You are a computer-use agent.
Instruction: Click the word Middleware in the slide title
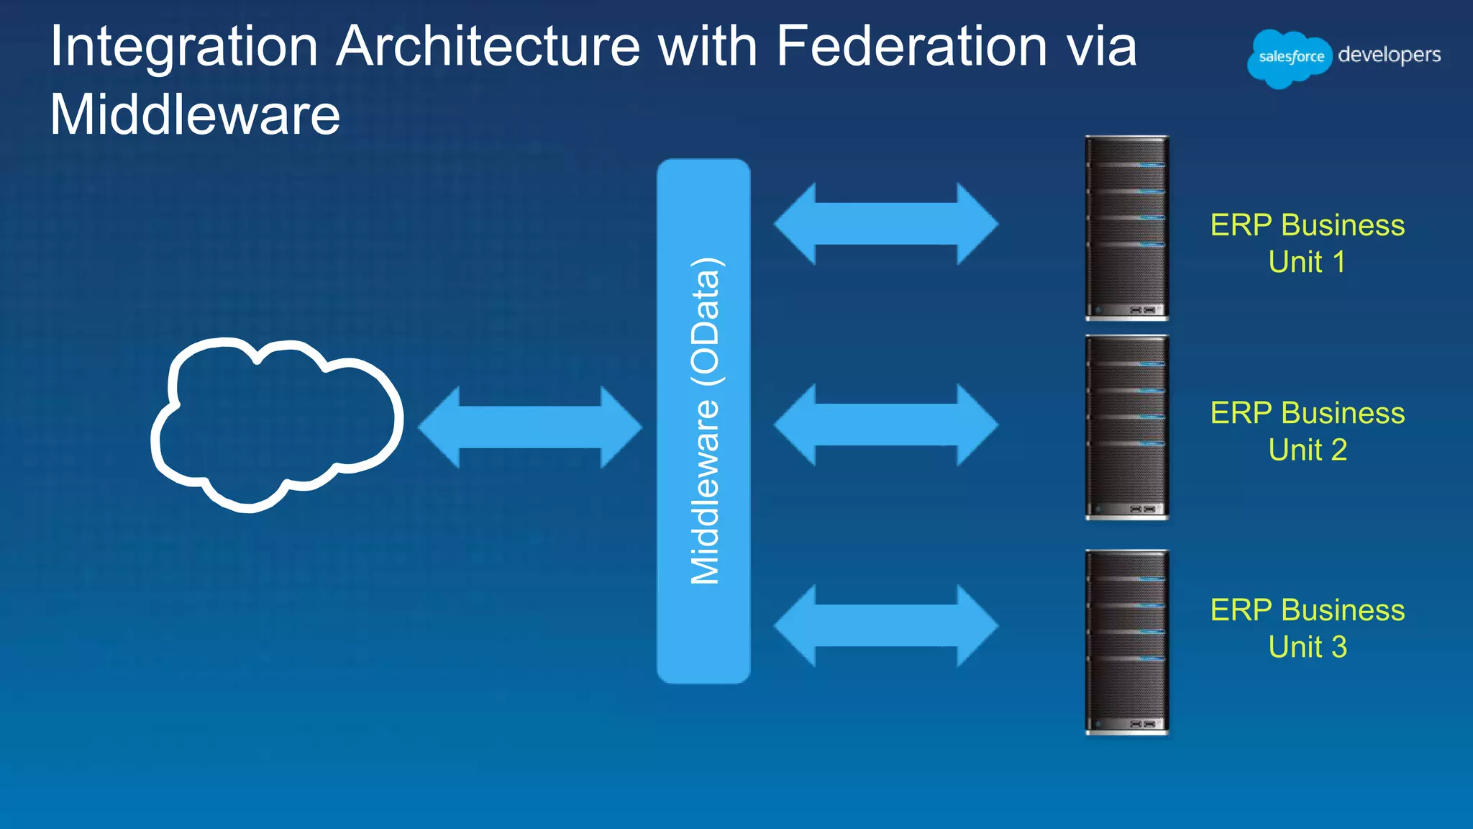click(x=195, y=115)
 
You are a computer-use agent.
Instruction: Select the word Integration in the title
click(x=184, y=47)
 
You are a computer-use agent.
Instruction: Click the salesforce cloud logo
click(x=1290, y=58)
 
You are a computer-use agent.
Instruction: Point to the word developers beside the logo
click(x=1389, y=55)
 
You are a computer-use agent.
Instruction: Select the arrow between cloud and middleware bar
click(x=529, y=427)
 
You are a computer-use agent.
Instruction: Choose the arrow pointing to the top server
click(x=886, y=224)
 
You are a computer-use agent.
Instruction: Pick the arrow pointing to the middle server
click(x=886, y=425)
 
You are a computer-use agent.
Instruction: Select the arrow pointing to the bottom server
click(x=886, y=625)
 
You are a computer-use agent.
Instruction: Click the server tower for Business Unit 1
click(x=1126, y=228)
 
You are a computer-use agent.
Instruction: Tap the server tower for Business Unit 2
click(x=1126, y=427)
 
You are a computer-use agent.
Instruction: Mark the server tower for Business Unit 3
click(x=1126, y=643)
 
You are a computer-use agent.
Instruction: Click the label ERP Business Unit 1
click(x=1307, y=243)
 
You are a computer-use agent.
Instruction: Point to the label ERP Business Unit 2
click(x=1307, y=431)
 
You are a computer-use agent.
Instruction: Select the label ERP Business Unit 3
click(x=1307, y=628)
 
